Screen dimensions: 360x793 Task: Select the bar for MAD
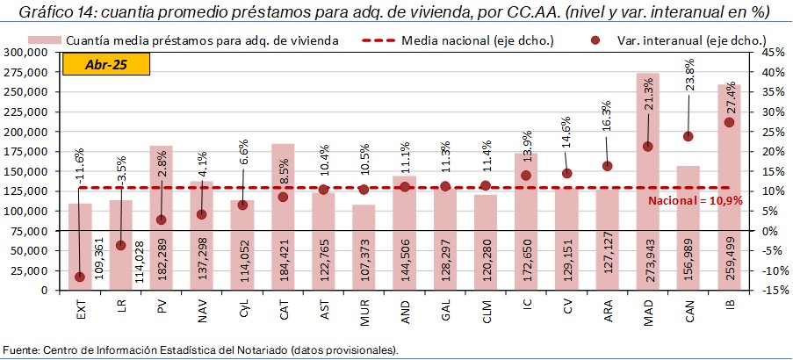click(647, 176)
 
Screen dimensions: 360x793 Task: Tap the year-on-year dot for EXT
click(80, 277)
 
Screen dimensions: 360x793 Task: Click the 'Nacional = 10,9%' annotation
click(695, 201)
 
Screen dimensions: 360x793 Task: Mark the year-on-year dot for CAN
click(688, 136)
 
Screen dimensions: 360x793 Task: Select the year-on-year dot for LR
click(120, 245)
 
